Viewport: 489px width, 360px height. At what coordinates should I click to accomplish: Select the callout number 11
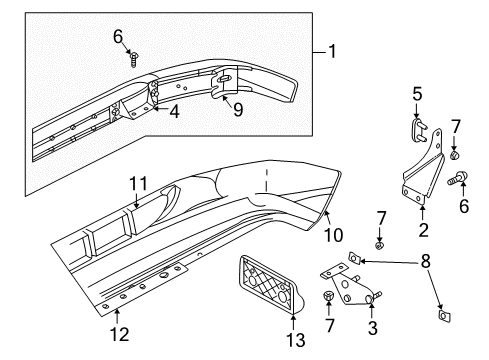[x=138, y=182]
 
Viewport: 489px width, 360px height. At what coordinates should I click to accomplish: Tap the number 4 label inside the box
[x=173, y=112]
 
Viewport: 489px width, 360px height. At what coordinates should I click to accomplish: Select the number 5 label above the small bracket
[x=417, y=96]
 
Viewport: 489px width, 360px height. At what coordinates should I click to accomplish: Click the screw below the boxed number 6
[x=132, y=58]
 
